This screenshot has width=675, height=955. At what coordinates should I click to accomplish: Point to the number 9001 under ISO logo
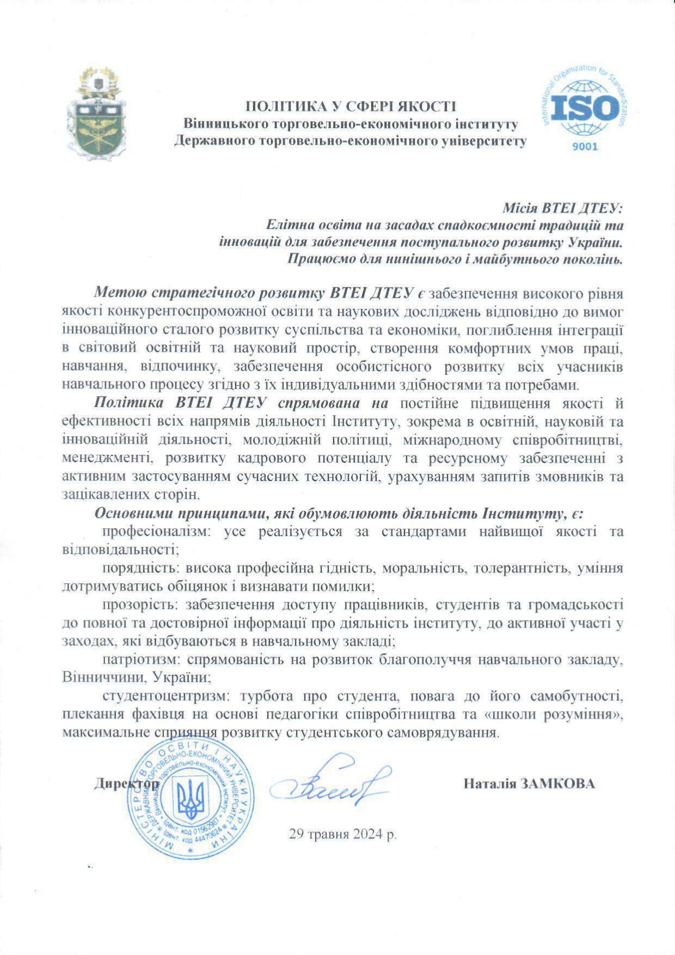585,146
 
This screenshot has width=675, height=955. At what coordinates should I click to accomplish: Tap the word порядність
141,568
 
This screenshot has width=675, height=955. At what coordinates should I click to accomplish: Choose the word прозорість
140,605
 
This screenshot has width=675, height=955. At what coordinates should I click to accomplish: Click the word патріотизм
141,660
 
